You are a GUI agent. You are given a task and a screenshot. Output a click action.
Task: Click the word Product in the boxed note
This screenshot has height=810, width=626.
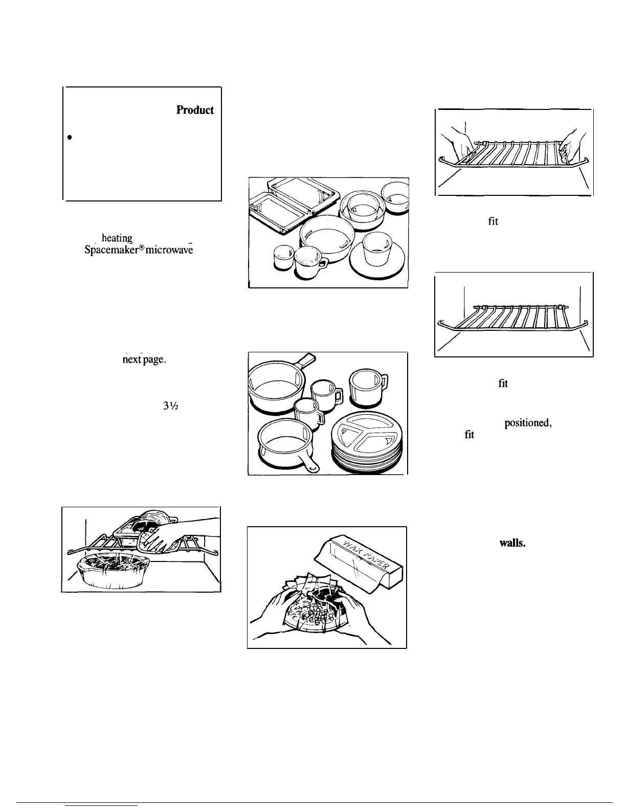[x=195, y=110]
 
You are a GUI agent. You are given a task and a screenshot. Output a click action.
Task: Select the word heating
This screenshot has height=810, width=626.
[x=117, y=238]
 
